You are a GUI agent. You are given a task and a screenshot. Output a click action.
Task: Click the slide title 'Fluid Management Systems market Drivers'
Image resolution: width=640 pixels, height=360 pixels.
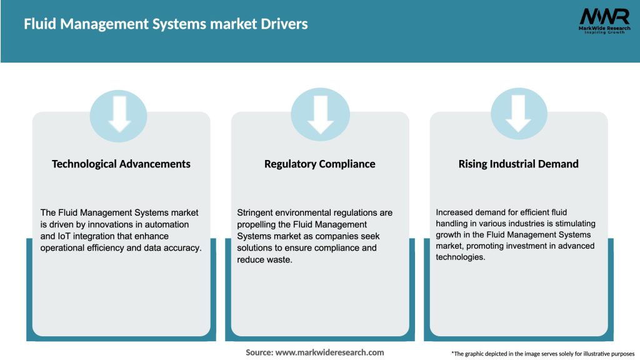[x=166, y=25]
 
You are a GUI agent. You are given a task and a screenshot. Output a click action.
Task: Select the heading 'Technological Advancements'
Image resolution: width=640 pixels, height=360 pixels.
[x=121, y=164]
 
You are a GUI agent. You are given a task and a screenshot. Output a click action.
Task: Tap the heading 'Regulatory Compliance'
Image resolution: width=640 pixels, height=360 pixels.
[x=320, y=164]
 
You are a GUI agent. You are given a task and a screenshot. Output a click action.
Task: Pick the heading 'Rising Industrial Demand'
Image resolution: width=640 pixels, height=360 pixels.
[x=519, y=164]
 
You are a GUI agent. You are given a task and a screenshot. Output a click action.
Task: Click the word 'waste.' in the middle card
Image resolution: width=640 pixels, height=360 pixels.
[x=281, y=259]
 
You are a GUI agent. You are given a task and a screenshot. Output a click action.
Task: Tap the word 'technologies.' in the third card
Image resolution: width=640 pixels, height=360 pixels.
[x=461, y=257]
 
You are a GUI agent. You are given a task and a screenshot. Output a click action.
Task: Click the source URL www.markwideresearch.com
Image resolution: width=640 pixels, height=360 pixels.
[x=329, y=352]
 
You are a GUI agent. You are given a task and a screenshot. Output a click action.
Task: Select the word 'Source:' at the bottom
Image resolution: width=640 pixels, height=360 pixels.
[x=259, y=352]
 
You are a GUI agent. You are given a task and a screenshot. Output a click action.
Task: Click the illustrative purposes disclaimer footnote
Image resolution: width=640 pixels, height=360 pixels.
[x=542, y=354]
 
